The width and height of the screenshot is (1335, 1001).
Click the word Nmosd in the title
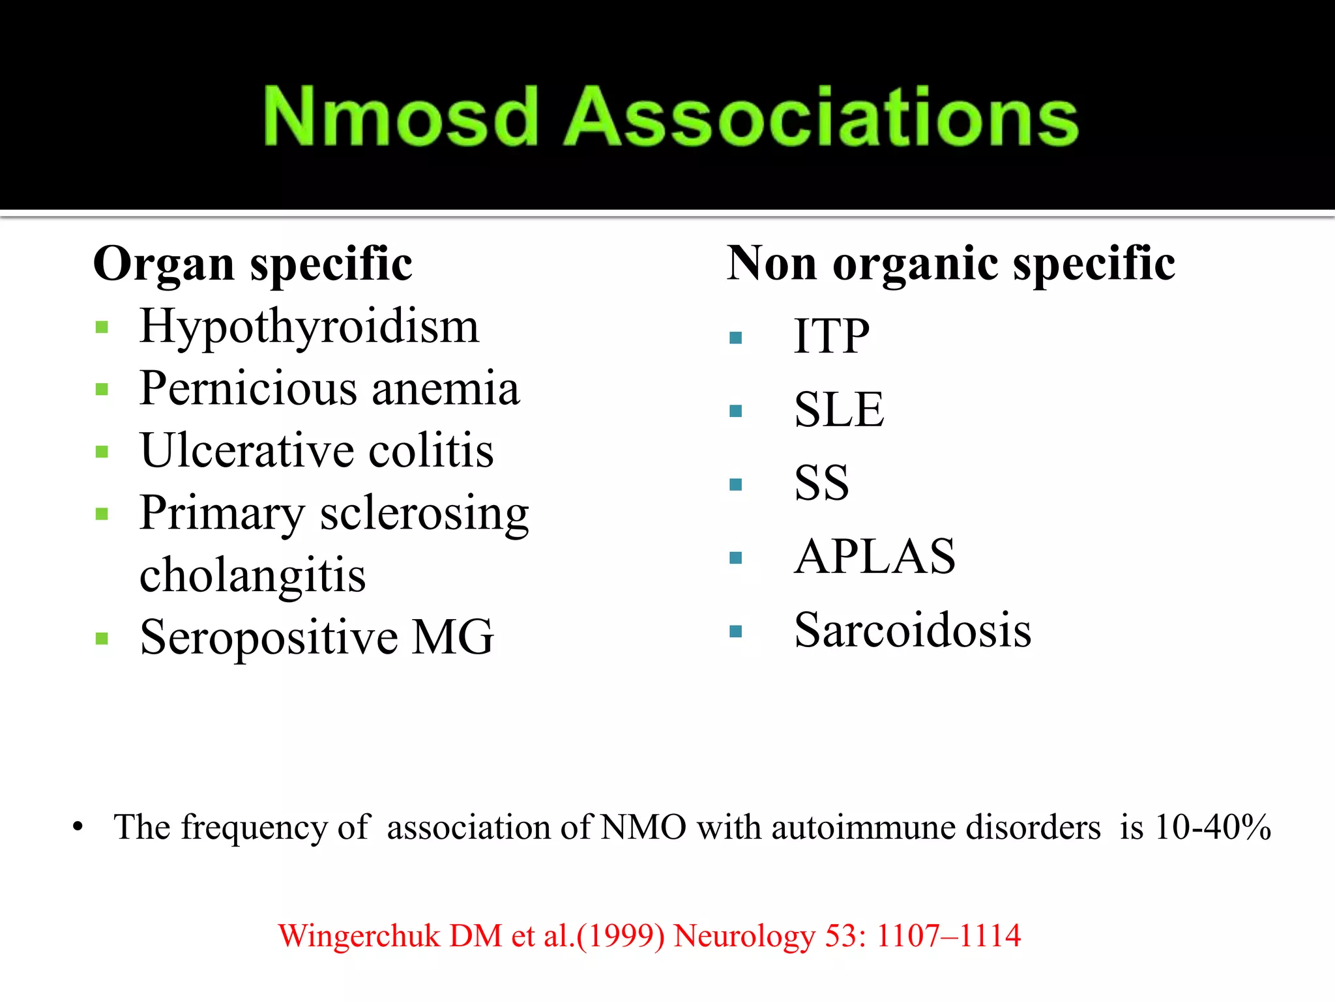(400, 117)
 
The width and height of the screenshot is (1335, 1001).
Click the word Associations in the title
(821, 117)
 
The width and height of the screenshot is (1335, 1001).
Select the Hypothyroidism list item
(309, 326)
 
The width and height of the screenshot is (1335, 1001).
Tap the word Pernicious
(248, 388)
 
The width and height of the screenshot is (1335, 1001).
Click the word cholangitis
(252, 575)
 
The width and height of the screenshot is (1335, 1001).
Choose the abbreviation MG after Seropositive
(453, 637)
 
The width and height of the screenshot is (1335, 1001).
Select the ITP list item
(831, 336)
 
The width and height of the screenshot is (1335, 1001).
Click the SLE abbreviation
(839, 410)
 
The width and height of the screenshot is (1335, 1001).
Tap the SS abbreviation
(821, 484)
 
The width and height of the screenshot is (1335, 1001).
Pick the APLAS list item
(875, 557)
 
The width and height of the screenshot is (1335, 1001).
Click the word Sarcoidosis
(913, 631)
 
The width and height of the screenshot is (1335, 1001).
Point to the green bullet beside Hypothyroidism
(102, 327)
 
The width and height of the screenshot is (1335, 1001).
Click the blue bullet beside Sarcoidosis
(736, 631)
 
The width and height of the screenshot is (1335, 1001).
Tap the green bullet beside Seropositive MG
(102, 638)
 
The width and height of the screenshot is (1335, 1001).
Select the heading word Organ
(164, 264)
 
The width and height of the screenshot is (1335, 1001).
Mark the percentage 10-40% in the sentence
(1212, 828)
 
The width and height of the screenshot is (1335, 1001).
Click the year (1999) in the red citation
(621, 936)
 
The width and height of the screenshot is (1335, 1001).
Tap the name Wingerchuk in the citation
(359, 936)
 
